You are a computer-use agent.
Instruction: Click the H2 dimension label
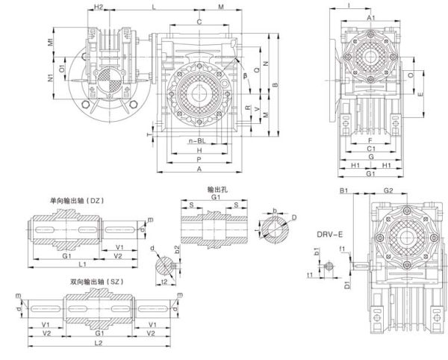pos(99,7)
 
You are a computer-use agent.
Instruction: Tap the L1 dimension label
pos(83,264)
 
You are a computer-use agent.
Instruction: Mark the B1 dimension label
pos(346,192)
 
